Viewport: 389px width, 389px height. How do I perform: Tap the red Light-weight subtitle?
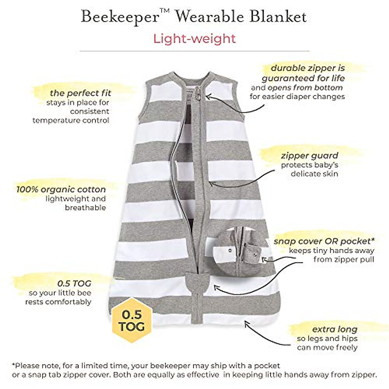pyautogui.click(x=194, y=39)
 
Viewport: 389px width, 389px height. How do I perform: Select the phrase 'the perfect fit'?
pyautogui.click(x=80, y=93)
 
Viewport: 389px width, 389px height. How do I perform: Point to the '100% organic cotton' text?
pyautogui.click(x=61, y=189)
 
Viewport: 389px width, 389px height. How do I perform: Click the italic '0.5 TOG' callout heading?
pyautogui.click(x=74, y=284)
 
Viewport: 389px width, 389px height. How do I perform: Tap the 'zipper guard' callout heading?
pyautogui.click(x=310, y=156)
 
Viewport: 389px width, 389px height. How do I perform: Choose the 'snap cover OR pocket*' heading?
pyautogui.click(x=324, y=241)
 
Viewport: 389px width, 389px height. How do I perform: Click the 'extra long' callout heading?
pyautogui.click(x=335, y=329)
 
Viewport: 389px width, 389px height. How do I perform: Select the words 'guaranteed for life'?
pyautogui.click(x=303, y=78)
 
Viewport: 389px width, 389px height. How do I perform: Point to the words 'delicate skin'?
pyautogui.click(x=314, y=174)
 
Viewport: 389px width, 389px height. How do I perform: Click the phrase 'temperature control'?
pyautogui.click(x=71, y=120)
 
